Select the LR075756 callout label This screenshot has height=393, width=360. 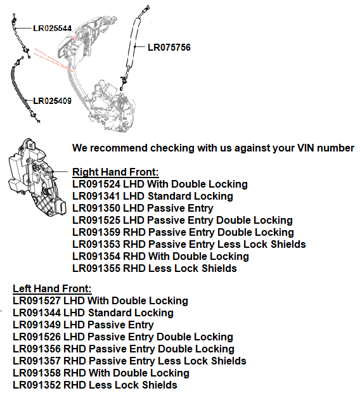(x=169, y=47)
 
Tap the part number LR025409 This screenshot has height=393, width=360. (x=52, y=100)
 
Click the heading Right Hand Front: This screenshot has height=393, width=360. (x=115, y=172)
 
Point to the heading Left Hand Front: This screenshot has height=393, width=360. (x=52, y=288)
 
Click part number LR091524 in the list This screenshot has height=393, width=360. (x=96, y=184)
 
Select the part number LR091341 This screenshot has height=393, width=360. (x=96, y=196)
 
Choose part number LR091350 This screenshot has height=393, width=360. (x=96, y=208)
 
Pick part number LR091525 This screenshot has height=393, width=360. (x=96, y=220)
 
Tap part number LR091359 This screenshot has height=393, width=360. (x=96, y=232)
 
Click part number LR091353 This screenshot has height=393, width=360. (x=96, y=244)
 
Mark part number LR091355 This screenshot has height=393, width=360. (x=96, y=268)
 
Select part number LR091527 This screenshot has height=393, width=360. (x=36, y=300)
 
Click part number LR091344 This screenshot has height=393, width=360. (x=36, y=312)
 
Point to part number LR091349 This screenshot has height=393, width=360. (x=36, y=325)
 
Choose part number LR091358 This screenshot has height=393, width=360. (x=36, y=373)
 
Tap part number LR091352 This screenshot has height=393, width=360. (x=36, y=385)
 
